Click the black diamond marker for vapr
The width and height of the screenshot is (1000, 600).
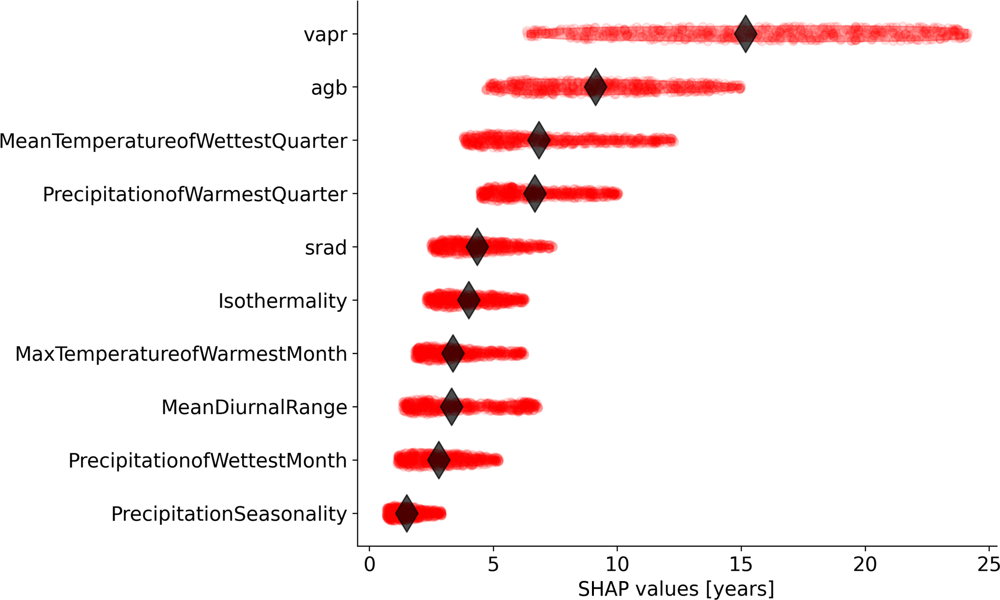click(x=745, y=34)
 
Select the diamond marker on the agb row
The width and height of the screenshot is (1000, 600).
click(x=595, y=87)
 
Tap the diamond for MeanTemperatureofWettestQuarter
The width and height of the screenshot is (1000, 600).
click(x=539, y=140)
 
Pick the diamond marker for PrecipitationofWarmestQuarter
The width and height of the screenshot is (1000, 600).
click(x=535, y=193)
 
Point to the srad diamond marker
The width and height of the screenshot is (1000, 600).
click(x=477, y=247)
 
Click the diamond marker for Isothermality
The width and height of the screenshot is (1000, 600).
click(x=469, y=300)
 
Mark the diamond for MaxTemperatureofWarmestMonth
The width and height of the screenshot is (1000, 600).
click(x=453, y=354)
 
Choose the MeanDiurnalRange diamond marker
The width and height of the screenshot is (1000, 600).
click(x=452, y=407)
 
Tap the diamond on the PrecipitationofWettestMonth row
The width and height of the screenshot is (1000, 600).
click(x=439, y=460)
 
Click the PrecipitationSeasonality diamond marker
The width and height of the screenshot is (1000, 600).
click(x=407, y=513)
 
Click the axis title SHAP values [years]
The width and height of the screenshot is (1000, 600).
click(x=676, y=589)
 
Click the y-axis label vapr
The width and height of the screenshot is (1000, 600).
click(x=325, y=35)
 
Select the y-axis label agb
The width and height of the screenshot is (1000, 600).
click(x=329, y=88)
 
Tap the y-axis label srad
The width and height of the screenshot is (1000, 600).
click(x=326, y=248)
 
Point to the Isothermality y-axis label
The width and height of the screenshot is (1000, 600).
click(x=283, y=301)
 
